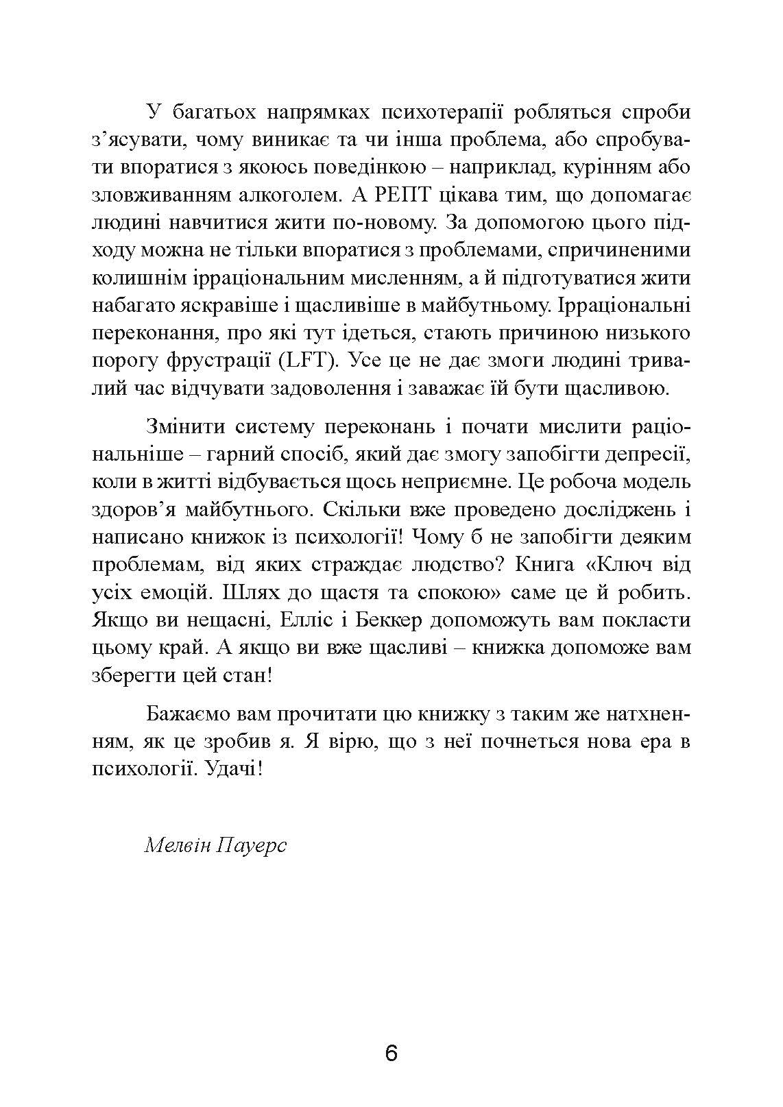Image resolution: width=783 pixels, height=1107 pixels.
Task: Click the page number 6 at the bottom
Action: point(391,1053)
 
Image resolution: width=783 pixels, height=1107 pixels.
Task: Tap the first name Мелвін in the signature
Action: point(177,844)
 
